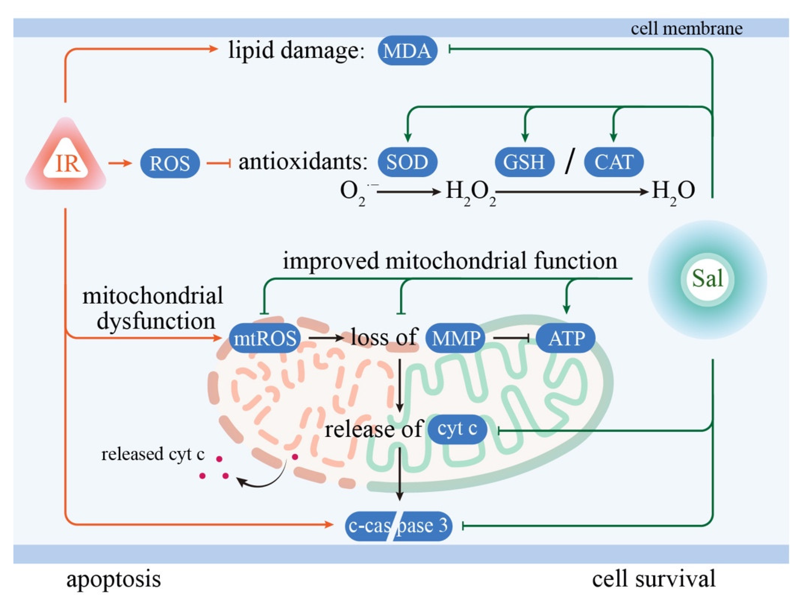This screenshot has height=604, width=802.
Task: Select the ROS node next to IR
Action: [x=170, y=163]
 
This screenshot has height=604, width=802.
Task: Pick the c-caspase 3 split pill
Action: [x=398, y=526]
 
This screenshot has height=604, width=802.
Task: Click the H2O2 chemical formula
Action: [x=470, y=192]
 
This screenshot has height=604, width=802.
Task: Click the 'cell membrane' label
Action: [x=686, y=29]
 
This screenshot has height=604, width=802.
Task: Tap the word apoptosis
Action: [x=113, y=579]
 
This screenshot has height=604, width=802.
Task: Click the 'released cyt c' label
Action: [x=153, y=454]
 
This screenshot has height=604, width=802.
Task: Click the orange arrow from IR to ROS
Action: [x=120, y=163]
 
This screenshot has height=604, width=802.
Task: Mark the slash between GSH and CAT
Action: [x=570, y=162]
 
